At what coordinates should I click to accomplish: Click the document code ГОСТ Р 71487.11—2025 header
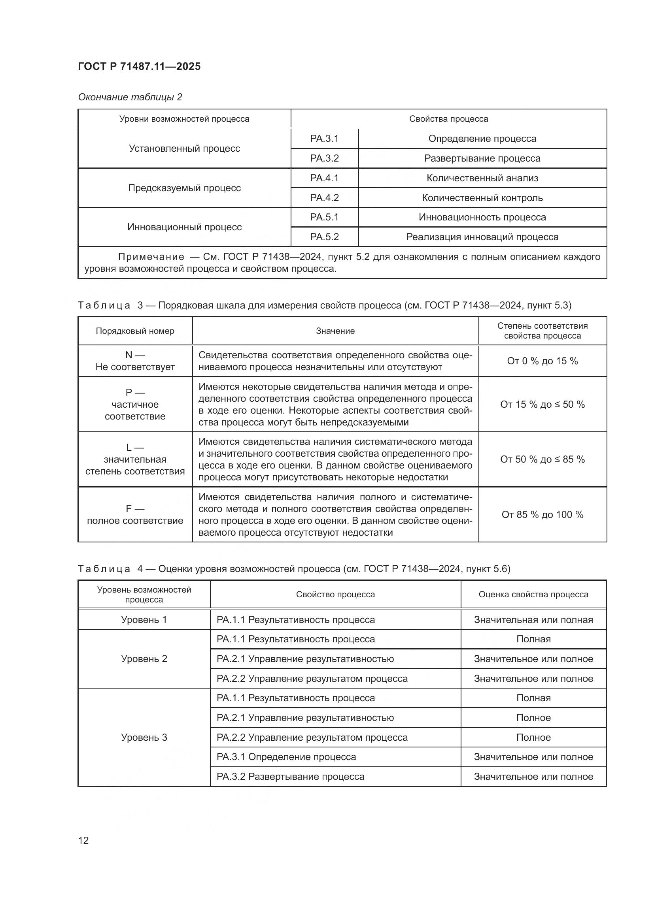click(x=139, y=66)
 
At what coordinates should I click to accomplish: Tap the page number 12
click(x=83, y=840)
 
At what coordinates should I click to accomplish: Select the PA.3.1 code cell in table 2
click(x=324, y=138)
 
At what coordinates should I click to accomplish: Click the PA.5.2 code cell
click(x=324, y=237)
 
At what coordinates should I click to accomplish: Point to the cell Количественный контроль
click(x=482, y=198)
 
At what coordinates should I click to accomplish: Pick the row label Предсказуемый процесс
click(x=184, y=188)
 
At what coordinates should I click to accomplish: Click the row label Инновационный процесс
click(x=184, y=227)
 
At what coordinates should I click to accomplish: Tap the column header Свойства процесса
click(x=448, y=119)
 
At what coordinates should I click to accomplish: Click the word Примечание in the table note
click(x=151, y=257)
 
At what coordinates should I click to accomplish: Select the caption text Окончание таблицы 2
click(x=130, y=97)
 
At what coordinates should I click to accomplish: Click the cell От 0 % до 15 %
click(x=542, y=361)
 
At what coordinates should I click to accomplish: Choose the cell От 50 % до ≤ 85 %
click(x=542, y=459)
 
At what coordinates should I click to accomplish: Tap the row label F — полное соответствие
click(x=135, y=515)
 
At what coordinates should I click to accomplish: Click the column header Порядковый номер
click(x=135, y=331)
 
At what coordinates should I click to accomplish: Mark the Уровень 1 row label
click(x=144, y=619)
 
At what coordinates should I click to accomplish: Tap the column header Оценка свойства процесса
click(x=533, y=595)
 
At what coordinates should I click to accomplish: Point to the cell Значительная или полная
click(x=533, y=619)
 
